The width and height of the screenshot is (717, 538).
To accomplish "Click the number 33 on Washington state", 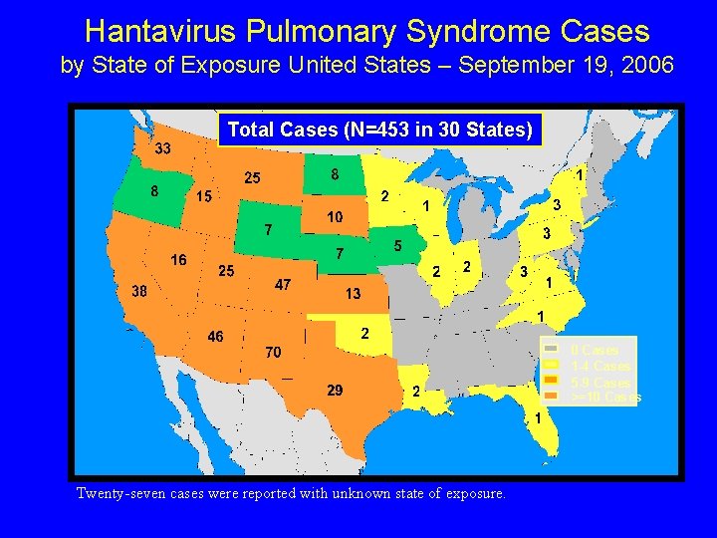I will (x=161, y=148).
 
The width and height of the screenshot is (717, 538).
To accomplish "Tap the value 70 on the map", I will (x=273, y=352).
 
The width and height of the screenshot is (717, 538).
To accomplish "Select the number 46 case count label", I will (x=215, y=336).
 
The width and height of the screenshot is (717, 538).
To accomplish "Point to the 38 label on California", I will (x=141, y=291).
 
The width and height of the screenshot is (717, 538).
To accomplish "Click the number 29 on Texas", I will (x=336, y=390).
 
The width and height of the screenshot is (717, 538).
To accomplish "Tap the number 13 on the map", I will (x=353, y=294).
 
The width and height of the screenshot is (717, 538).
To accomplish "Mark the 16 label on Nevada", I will (x=178, y=259).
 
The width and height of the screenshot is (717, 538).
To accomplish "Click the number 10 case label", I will (x=336, y=216).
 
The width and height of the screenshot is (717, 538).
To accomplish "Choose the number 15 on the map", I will (x=202, y=195).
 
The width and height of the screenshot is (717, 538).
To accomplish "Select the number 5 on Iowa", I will (x=397, y=245).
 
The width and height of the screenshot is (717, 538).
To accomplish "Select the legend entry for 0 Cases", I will (x=594, y=350).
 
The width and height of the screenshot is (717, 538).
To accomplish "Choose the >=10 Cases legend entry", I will (x=603, y=398).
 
